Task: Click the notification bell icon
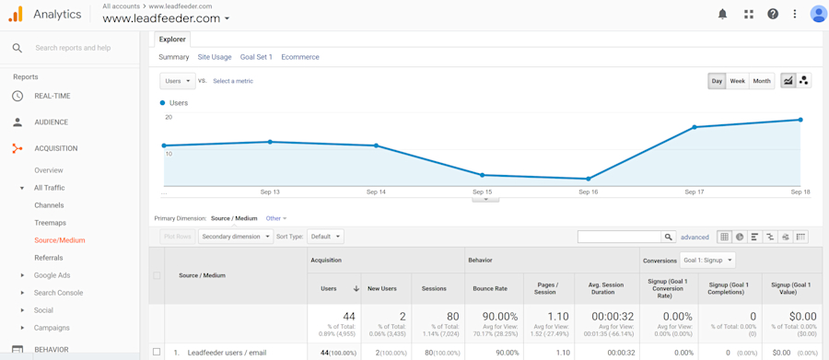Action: click(722, 14)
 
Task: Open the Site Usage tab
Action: click(215, 57)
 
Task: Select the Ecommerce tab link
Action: click(300, 57)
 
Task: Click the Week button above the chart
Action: click(737, 81)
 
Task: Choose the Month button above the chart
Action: click(762, 81)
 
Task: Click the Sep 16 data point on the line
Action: click(589, 179)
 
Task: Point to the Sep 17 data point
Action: click(695, 127)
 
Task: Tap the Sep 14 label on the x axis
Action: click(376, 192)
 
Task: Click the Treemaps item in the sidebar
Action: click(51, 223)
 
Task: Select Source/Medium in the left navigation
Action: click(60, 240)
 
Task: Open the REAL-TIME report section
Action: click(53, 96)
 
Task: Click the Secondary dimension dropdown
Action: click(236, 237)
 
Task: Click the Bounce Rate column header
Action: click(489, 288)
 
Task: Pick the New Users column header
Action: click(382, 288)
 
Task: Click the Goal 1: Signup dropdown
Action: click(707, 260)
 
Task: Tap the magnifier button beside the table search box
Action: click(669, 237)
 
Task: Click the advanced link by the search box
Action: click(695, 237)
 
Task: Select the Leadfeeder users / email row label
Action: click(227, 353)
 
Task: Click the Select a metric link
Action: click(233, 81)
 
